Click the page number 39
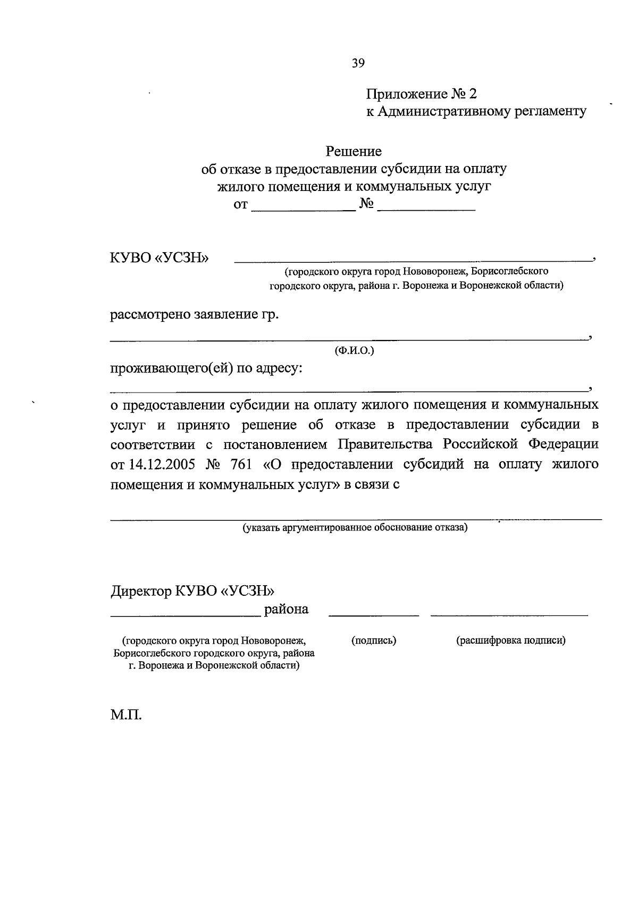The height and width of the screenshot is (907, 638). pos(358,63)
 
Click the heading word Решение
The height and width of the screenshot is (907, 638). pos(354,152)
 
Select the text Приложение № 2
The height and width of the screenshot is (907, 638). pos(421,94)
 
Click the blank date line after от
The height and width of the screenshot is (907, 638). pos(303,209)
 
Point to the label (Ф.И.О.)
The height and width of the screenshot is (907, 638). pos(354,351)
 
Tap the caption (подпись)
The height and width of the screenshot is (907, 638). pos(374,640)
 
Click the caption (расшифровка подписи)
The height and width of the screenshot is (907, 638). pos(510,640)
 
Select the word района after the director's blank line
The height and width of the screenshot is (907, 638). pos(286,609)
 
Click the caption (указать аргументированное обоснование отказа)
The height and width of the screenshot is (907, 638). pos(355,528)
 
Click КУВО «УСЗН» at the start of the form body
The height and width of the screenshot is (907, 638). pos(159,258)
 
